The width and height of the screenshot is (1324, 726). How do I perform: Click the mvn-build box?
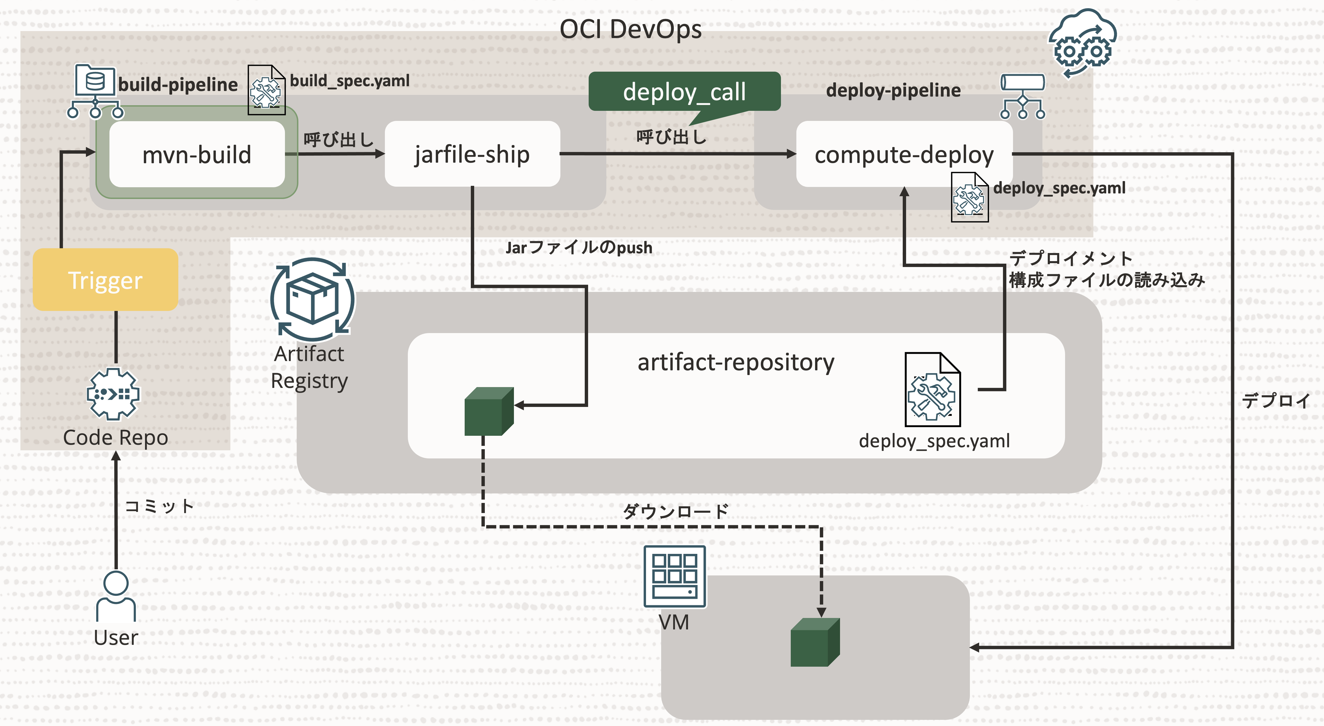point(197,154)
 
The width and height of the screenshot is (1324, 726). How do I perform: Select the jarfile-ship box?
point(472,154)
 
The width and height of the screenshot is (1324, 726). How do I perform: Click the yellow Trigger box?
point(105,280)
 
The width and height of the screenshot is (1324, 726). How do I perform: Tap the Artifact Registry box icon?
point(312,299)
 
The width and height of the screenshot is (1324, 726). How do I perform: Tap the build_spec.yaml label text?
point(350,81)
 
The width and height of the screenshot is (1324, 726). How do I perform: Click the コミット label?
point(159,506)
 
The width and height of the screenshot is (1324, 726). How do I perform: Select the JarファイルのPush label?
point(579,248)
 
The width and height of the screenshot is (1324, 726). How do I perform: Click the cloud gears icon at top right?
point(1082,44)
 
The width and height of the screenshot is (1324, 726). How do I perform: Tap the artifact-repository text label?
point(736,362)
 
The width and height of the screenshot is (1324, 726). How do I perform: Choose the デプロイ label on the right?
point(1276,400)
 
